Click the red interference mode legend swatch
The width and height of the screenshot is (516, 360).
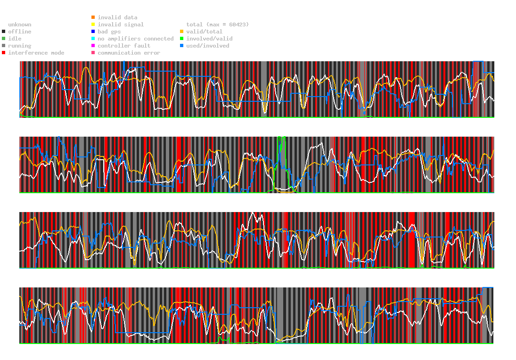tap(4, 53)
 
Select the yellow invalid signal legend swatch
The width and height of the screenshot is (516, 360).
tap(93, 25)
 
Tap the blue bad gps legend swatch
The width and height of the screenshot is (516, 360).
tap(93, 32)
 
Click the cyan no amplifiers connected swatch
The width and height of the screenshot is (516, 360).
tap(93, 39)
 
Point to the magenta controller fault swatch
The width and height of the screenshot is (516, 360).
tap(93, 46)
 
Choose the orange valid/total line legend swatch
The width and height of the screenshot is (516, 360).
tap(181, 32)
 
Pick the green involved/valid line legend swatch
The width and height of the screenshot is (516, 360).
tap(181, 39)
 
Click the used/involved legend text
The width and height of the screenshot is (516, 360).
tap(208, 46)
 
